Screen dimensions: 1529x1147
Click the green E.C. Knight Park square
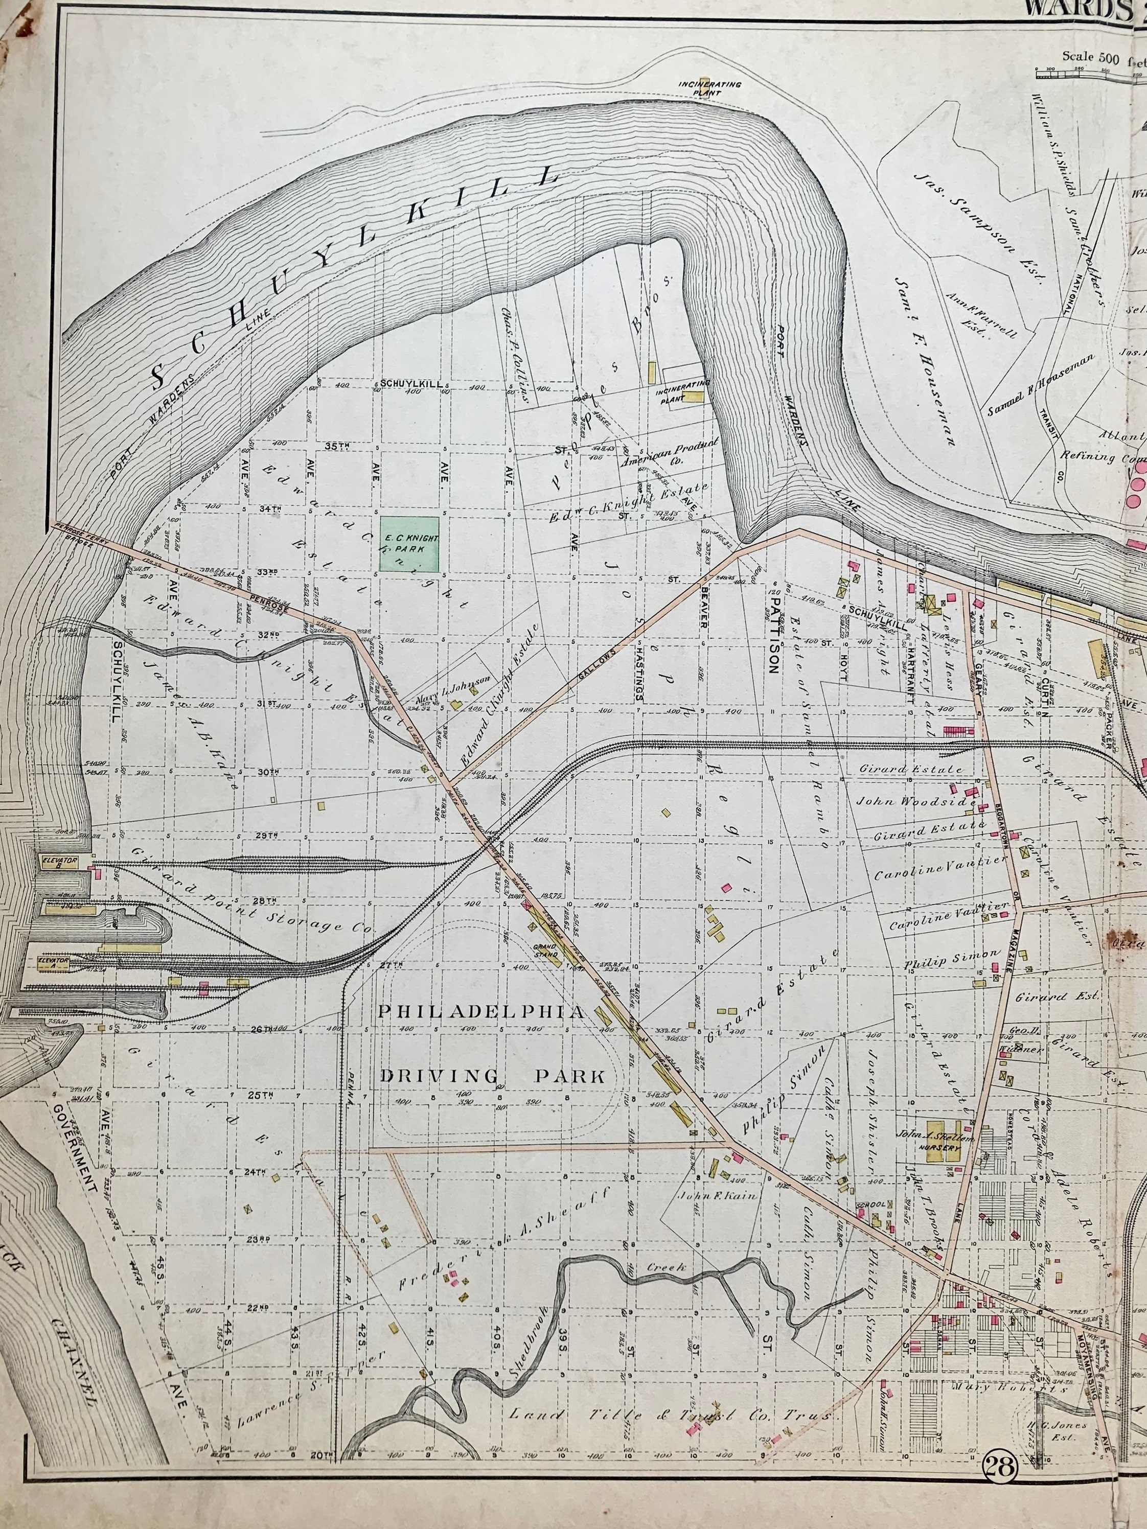408,544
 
